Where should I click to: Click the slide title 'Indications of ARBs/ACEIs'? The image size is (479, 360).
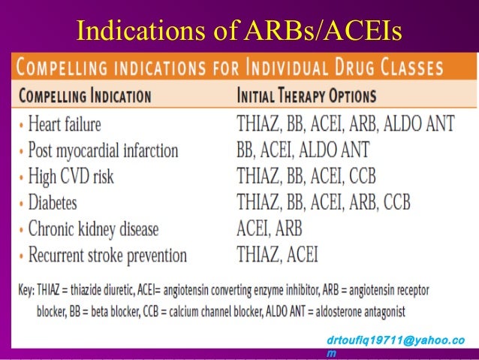[239, 29]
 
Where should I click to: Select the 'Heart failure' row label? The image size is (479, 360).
[65, 124]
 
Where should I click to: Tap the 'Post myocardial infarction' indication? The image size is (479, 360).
[103, 150]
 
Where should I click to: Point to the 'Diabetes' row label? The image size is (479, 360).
[53, 203]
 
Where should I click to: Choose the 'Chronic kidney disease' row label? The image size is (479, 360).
[93, 228]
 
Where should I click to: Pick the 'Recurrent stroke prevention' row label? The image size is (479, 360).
[107, 255]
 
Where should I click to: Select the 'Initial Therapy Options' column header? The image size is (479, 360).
[306, 97]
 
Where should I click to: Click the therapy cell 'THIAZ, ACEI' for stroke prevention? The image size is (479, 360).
[277, 255]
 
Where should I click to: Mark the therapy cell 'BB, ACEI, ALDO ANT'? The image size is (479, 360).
[303, 150]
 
